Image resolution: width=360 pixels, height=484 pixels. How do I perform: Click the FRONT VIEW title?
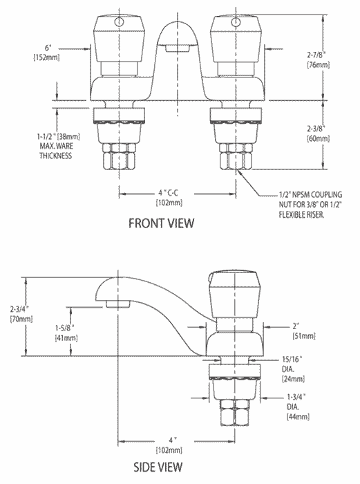point(161,223)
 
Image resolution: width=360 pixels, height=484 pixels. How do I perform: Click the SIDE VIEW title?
point(158,467)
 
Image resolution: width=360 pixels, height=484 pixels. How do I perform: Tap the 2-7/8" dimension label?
point(318,55)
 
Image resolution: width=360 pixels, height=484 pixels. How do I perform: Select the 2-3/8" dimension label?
point(318,129)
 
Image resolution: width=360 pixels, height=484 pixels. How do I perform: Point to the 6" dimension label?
point(47,48)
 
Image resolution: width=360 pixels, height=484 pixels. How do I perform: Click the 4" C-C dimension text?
point(168,193)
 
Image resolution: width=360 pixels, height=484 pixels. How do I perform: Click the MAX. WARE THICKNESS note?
point(56,151)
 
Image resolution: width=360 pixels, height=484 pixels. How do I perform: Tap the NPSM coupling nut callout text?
point(310,205)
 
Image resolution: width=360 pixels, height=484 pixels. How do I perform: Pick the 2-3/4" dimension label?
point(21,309)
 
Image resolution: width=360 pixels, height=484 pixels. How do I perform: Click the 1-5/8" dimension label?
point(66,328)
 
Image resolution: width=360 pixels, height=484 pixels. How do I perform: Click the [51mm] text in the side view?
point(304,336)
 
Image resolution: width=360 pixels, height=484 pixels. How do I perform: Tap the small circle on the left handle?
point(119,22)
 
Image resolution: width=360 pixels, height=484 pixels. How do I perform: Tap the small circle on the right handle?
point(236,21)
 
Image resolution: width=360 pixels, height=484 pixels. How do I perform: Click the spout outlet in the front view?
point(177,48)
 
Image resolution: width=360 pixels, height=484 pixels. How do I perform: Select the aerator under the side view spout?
point(117,303)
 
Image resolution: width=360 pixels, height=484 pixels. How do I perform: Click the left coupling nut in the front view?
point(119,156)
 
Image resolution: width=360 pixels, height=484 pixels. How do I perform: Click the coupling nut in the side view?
point(236,412)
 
